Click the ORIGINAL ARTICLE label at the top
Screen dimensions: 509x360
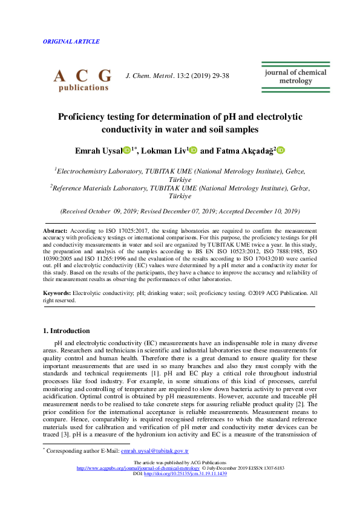coord(71,42)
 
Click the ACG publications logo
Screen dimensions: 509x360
coord(82,79)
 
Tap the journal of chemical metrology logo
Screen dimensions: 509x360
coord(295,77)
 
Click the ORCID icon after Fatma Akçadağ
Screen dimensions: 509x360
coord(281,150)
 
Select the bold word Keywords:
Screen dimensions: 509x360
coord(57,293)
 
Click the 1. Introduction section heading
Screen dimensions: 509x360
coord(67,331)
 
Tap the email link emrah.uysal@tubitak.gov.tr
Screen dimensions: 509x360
coord(155,451)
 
